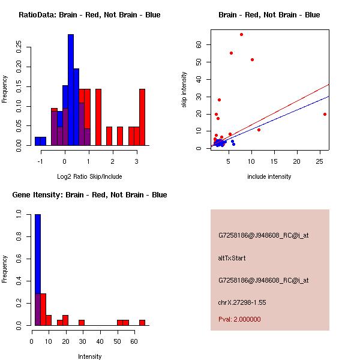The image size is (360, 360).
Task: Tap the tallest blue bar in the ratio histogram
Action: click(71, 90)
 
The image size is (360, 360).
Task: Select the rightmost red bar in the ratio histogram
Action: click(142, 117)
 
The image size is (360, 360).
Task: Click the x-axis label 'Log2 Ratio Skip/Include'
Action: click(89, 176)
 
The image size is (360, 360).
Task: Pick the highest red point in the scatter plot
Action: click(241, 34)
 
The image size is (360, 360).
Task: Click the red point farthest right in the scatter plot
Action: click(325, 114)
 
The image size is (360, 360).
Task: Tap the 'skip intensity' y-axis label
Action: click(184, 90)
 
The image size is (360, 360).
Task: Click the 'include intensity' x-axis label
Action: click(269, 176)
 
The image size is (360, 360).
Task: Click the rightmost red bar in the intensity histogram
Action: click(142, 322)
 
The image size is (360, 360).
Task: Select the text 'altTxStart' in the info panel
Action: click(232, 258)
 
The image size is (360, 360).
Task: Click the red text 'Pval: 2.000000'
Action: click(239, 319)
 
